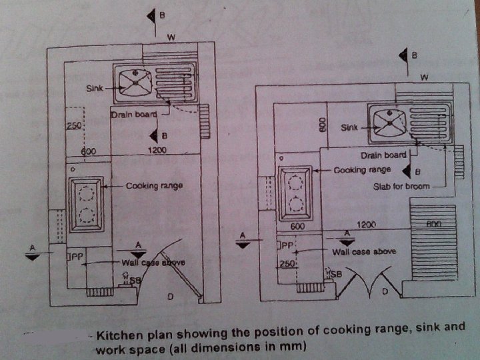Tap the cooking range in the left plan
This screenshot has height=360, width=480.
[86, 203]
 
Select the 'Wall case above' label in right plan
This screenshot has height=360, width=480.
[364, 251]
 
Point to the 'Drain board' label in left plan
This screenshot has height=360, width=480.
[134, 115]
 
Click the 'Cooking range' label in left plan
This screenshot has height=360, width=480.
[154, 185]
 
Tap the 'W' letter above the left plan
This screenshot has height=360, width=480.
[171, 37]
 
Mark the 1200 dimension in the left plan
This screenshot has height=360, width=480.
[157, 152]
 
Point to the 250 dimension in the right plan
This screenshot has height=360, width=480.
[287, 264]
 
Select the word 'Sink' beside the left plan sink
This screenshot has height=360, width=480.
[94, 89]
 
